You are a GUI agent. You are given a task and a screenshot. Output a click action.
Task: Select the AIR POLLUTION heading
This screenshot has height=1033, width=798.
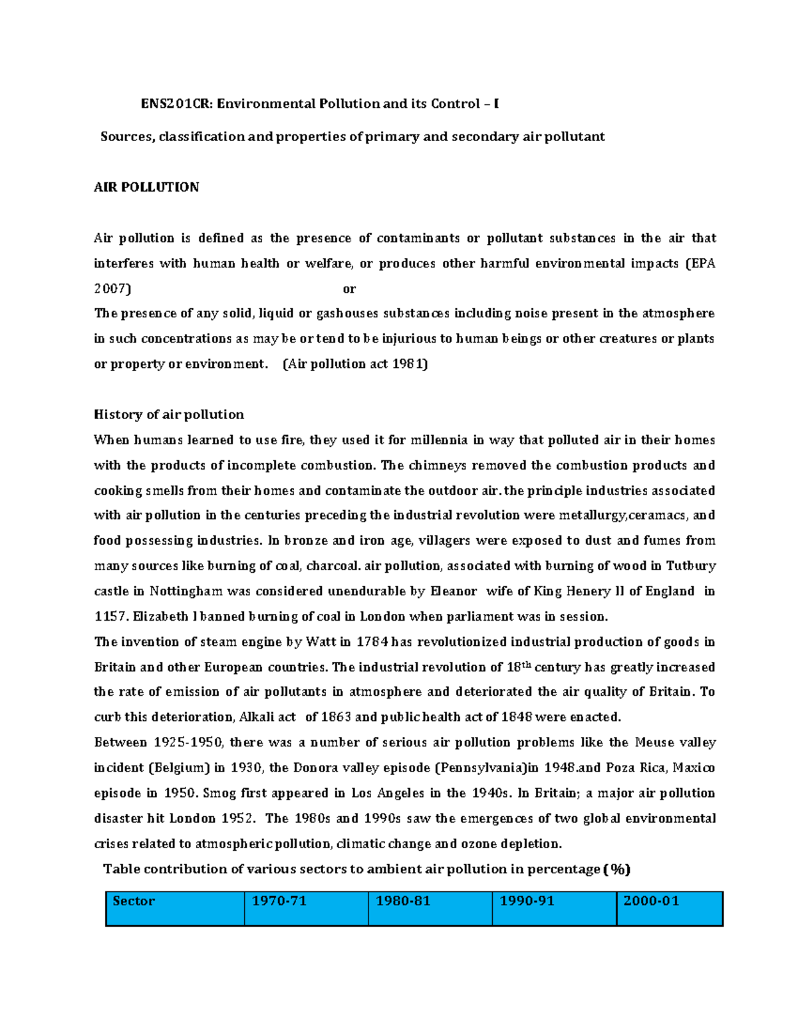click(x=146, y=188)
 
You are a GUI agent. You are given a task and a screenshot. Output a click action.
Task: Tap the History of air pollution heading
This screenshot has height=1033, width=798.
click(x=169, y=414)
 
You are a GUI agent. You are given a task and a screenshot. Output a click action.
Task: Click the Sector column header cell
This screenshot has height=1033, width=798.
click(x=175, y=909)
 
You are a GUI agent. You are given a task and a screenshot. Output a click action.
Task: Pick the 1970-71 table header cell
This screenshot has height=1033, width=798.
click(x=306, y=909)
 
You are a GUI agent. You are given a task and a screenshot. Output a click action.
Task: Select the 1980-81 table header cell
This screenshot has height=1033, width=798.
click(x=430, y=909)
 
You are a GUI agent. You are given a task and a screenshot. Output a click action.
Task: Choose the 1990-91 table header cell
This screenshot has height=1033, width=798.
click(x=554, y=909)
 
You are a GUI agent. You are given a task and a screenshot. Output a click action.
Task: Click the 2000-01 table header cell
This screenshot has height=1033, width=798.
click(x=670, y=909)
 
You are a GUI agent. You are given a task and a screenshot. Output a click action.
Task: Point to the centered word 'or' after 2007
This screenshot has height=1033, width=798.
click(x=349, y=289)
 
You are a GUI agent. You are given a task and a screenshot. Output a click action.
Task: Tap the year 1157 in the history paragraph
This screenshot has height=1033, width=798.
click(x=110, y=617)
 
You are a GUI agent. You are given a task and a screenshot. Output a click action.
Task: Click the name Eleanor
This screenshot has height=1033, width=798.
click(x=454, y=591)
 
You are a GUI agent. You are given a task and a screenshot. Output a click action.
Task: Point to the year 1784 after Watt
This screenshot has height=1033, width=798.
click(x=372, y=642)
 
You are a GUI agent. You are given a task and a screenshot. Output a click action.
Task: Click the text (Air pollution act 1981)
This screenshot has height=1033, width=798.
click(x=355, y=364)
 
